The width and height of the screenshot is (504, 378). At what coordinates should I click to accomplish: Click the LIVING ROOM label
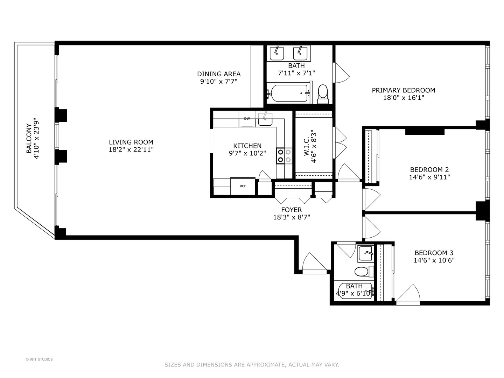[x=131, y=142]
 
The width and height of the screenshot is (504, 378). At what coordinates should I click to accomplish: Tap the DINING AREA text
[x=219, y=74]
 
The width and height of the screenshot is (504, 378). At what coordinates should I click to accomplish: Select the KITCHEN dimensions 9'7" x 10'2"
[x=247, y=153]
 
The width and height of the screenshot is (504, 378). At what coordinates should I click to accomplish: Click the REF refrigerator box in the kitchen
[x=243, y=186]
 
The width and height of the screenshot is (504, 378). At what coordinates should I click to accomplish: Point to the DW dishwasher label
[x=247, y=119]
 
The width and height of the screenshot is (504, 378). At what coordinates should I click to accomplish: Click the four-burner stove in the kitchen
[x=284, y=156]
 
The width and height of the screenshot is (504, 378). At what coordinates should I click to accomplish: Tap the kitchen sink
[x=265, y=119]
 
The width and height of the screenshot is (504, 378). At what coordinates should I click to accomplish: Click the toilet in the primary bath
[x=323, y=93]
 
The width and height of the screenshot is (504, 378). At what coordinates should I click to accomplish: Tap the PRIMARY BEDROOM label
[x=403, y=90]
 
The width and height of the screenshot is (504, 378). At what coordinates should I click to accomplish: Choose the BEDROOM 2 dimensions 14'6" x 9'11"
[x=429, y=177]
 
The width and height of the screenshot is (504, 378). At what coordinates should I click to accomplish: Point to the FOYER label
[x=291, y=210]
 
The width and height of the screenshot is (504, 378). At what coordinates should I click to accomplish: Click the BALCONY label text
[x=29, y=138]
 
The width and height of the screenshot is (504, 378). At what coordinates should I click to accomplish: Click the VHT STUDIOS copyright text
[x=39, y=359]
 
